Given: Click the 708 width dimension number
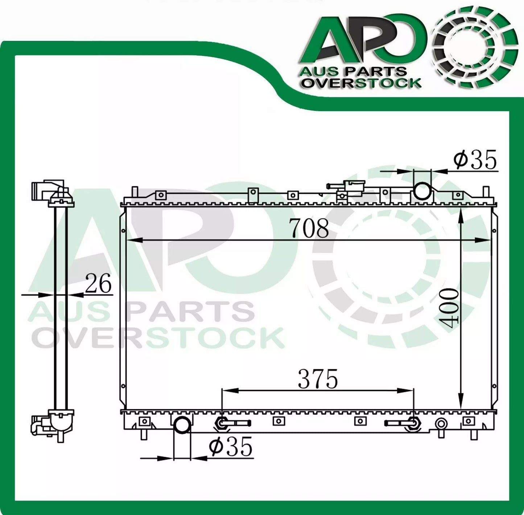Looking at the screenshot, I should [309, 229].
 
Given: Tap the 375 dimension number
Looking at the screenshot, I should [318, 379].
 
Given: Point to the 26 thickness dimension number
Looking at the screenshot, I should [98, 284].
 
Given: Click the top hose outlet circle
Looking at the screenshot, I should [422, 191].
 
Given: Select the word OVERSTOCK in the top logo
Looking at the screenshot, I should [362, 83].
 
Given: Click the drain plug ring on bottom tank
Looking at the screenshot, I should [441, 423].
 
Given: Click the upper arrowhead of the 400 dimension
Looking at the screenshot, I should [461, 214].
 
